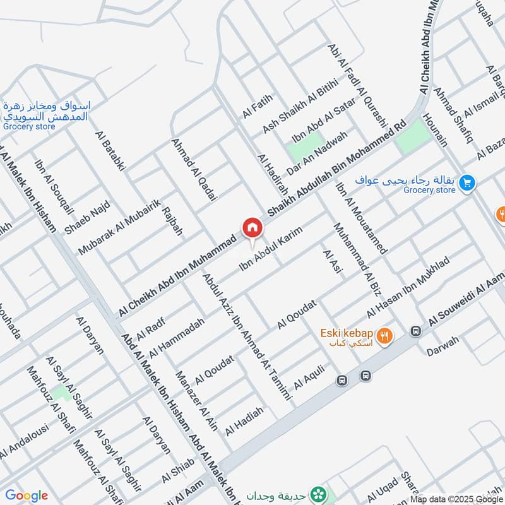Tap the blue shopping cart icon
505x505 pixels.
point(467,183)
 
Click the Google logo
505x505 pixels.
point(27,496)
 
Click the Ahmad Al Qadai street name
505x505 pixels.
point(194,170)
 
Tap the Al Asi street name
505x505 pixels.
point(331,261)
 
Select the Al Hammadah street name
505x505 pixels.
point(177,338)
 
